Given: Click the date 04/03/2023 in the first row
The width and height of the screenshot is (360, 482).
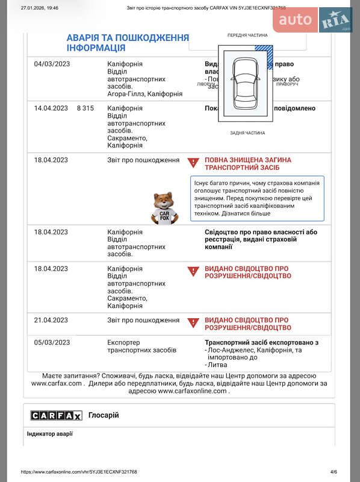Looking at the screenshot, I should point(52,64).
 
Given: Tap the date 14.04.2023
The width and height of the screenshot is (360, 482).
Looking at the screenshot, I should point(51,108).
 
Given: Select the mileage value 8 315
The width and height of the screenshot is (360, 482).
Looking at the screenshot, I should point(85,108).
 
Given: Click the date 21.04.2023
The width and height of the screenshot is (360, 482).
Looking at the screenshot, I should point(51,320).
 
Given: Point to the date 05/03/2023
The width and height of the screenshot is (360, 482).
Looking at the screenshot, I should point(52,342).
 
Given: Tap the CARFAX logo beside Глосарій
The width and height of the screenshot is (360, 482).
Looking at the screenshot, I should point(57,415).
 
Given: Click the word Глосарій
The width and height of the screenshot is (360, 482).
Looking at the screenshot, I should point(104,415).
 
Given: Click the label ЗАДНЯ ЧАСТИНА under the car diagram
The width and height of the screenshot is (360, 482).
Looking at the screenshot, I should point(247,133).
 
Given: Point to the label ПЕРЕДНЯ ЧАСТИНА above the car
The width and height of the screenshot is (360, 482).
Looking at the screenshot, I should point(247,36).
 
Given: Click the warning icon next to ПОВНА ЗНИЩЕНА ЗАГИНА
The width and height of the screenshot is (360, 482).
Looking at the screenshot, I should point(193,163).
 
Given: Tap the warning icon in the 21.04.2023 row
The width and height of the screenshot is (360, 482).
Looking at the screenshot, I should point(193,324).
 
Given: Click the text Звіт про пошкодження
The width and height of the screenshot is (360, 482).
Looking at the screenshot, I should point(143,160).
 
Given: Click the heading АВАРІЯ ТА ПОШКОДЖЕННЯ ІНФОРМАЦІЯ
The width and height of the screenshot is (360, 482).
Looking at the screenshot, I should point(127,43).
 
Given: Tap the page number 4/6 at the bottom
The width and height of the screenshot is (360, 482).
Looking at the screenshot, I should point(334,472).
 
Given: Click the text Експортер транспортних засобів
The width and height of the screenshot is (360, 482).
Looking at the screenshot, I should point(141,346).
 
